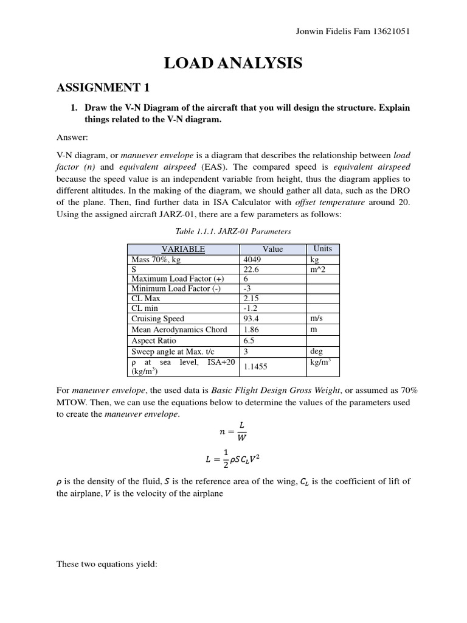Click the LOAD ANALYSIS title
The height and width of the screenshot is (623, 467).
233,63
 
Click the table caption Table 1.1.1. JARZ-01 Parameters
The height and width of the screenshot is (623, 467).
233,231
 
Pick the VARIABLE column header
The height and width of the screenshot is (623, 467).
182,249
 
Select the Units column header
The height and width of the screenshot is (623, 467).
322,249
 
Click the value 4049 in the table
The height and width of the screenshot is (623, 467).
252,259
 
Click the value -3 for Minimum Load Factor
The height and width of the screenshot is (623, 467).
247,288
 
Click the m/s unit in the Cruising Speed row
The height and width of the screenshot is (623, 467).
317,319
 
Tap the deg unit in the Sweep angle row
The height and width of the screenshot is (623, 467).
317,351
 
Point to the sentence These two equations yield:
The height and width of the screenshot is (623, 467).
107,564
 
